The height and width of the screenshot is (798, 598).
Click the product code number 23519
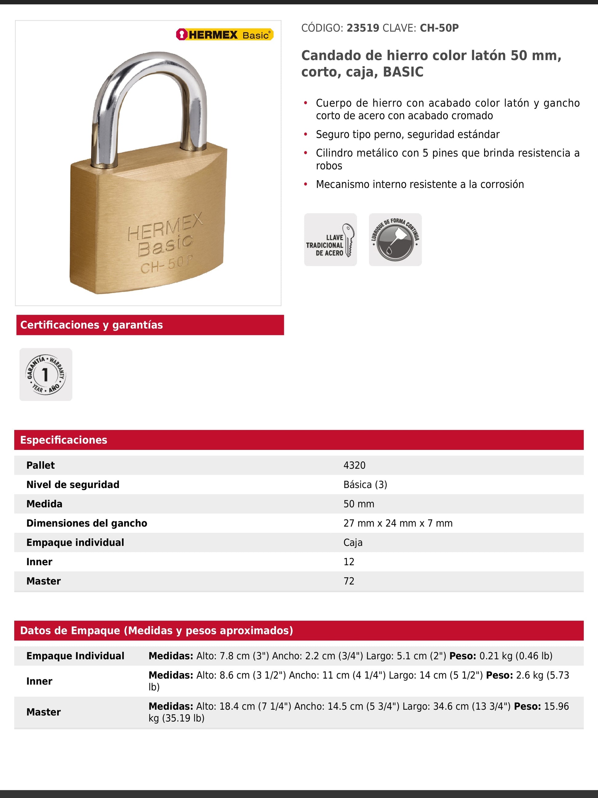tap(363, 28)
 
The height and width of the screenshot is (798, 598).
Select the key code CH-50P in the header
tap(439, 28)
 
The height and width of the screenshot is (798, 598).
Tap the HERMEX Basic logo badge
tap(225, 35)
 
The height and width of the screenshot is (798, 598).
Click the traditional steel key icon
tap(330, 240)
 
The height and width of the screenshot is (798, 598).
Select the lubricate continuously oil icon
tap(395, 240)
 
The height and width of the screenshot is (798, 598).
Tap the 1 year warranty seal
tap(46, 374)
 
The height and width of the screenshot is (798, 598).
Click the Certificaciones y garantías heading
tap(92, 325)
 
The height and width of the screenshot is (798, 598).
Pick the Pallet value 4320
tap(354, 465)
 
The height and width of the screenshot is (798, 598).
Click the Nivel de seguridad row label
tap(73, 485)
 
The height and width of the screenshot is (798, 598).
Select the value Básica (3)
tap(365, 485)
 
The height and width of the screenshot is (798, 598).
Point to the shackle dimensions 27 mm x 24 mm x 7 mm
tap(398, 523)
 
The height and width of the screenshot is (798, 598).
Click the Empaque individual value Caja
tap(353, 542)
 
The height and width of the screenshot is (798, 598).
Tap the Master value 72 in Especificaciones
tap(349, 581)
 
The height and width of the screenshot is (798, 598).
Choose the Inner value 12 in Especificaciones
tap(349, 562)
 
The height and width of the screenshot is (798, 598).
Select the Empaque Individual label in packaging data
tap(75, 656)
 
